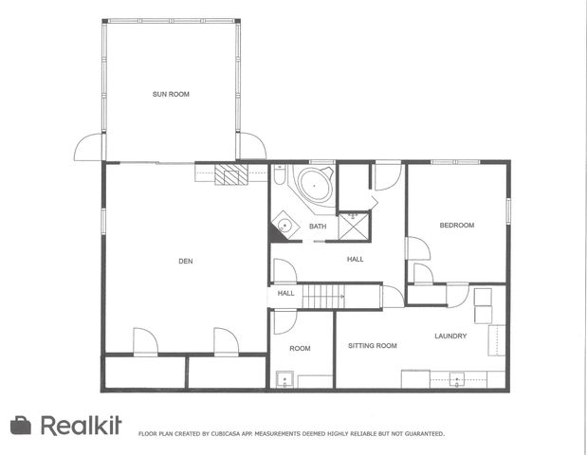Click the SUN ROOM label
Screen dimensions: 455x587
[x=168, y=94]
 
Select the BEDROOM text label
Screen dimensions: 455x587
[x=456, y=225]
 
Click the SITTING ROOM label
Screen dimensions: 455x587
[x=372, y=346]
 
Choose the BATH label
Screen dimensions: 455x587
[x=317, y=227]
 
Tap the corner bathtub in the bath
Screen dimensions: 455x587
[x=313, y=184]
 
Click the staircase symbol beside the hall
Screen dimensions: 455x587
[x=322, y=297]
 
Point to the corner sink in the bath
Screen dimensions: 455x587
[x=284, y=225]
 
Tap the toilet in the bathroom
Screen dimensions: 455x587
[x=281, y=175]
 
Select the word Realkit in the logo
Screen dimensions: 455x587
[x=82, y=426]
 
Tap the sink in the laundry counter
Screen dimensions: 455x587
[x=456, y=379]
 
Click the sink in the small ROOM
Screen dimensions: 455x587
[x=283, y=381]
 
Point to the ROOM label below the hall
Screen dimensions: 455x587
[x=300, y=349]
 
